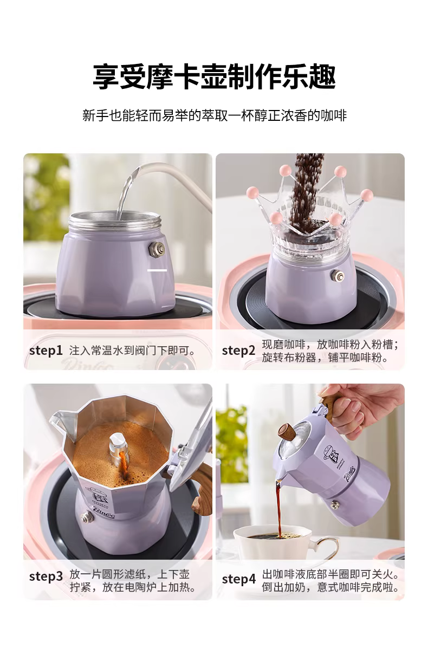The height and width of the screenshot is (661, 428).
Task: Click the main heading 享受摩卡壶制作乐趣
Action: (215, 76)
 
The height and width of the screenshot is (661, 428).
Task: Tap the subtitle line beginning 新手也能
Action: (215, 115)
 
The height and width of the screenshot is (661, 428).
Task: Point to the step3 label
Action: (46, 576)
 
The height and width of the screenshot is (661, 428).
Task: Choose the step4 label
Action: (239, 579)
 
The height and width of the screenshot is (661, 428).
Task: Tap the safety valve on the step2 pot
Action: (338, 276)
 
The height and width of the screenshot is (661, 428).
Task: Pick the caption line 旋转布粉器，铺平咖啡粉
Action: (325, 358)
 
